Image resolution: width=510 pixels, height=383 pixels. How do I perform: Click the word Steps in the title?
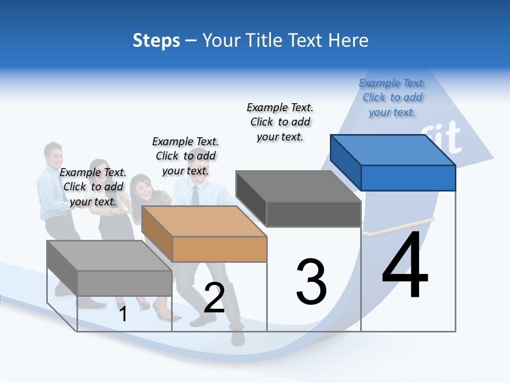click(x=156, y=40)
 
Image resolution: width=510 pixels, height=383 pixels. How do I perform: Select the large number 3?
click(x=311, y=282)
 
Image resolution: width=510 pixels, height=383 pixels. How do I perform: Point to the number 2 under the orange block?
click(x=214, y=298)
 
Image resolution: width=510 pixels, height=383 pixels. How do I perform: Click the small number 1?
click(x=123, y=314)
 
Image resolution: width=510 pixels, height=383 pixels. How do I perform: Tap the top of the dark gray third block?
click(x=298, y=186)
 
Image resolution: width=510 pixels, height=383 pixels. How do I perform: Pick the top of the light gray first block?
click(x=109, y=255)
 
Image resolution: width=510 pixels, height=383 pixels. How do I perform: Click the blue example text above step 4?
click(x=392, y=97)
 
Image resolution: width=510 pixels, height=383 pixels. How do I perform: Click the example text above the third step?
click(x=280, y=122)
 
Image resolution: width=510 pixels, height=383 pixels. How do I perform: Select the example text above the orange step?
click(x=185, y=156)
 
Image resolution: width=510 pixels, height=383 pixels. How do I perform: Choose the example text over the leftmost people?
click(x=93, y=187)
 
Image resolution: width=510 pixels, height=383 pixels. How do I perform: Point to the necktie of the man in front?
click(x=195, y=196)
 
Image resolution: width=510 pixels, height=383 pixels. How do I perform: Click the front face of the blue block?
click(x=408, y=178)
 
